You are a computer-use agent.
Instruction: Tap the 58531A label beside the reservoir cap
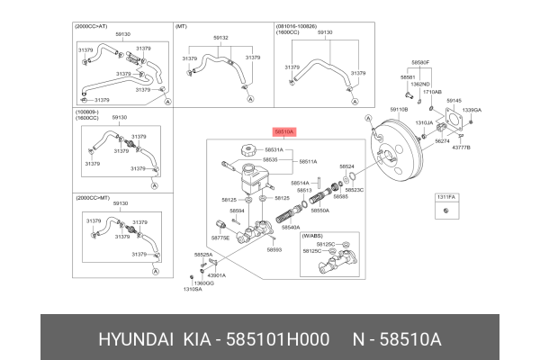click(x=274, y=150)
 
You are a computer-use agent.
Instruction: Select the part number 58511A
click(x=308, y=161)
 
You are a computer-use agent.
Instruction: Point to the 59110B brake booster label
click(x=399, y=109)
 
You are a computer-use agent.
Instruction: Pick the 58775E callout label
click(x=220, y=238)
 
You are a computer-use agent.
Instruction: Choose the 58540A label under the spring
click(x=291, y=228)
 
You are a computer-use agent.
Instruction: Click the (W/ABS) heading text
click(x=311, y=235)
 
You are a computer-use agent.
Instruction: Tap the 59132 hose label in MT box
click(x=220, y=39)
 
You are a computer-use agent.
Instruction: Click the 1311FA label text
click(x=447, y=195)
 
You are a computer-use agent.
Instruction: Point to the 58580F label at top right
click(x=420, y=62)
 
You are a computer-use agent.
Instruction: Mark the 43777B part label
click(x=461, y=147)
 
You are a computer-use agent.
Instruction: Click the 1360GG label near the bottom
click(x=206, y=283)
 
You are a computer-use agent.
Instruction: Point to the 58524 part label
click(x=346, y=166)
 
